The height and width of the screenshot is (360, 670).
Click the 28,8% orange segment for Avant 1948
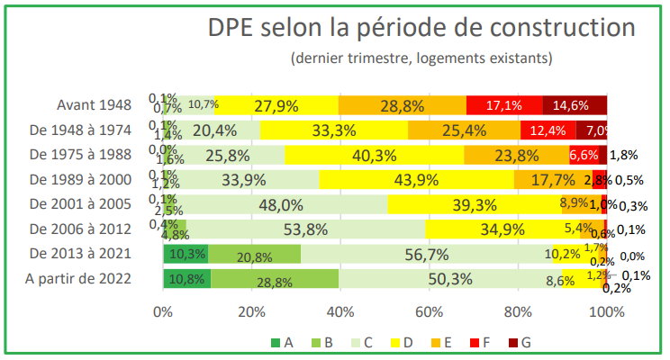pyautogui.click(x=402, y=105)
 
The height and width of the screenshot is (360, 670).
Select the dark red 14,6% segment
pyautogui.click(x=575, y=105)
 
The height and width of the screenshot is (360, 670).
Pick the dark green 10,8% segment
pyautogui.click(x=186, y=279)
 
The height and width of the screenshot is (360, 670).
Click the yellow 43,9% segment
pyautogui.click(x=416, y=179)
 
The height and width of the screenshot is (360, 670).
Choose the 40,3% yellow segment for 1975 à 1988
pyautogui.click(x=374, y=155)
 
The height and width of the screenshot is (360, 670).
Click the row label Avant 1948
pyautogui.click(x=94, y=104)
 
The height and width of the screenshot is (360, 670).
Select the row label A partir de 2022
pyautogui.click(x=80, y=278)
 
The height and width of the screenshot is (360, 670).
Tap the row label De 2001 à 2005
pyautogui.click(x=81, y=203)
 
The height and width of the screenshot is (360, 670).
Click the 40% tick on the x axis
pyautogui.click(x=340, y=312)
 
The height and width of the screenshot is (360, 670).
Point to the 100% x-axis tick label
pyautogui.click(x=605, y=312)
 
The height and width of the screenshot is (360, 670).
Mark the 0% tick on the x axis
pyautogui.click(x=163, y=312)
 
